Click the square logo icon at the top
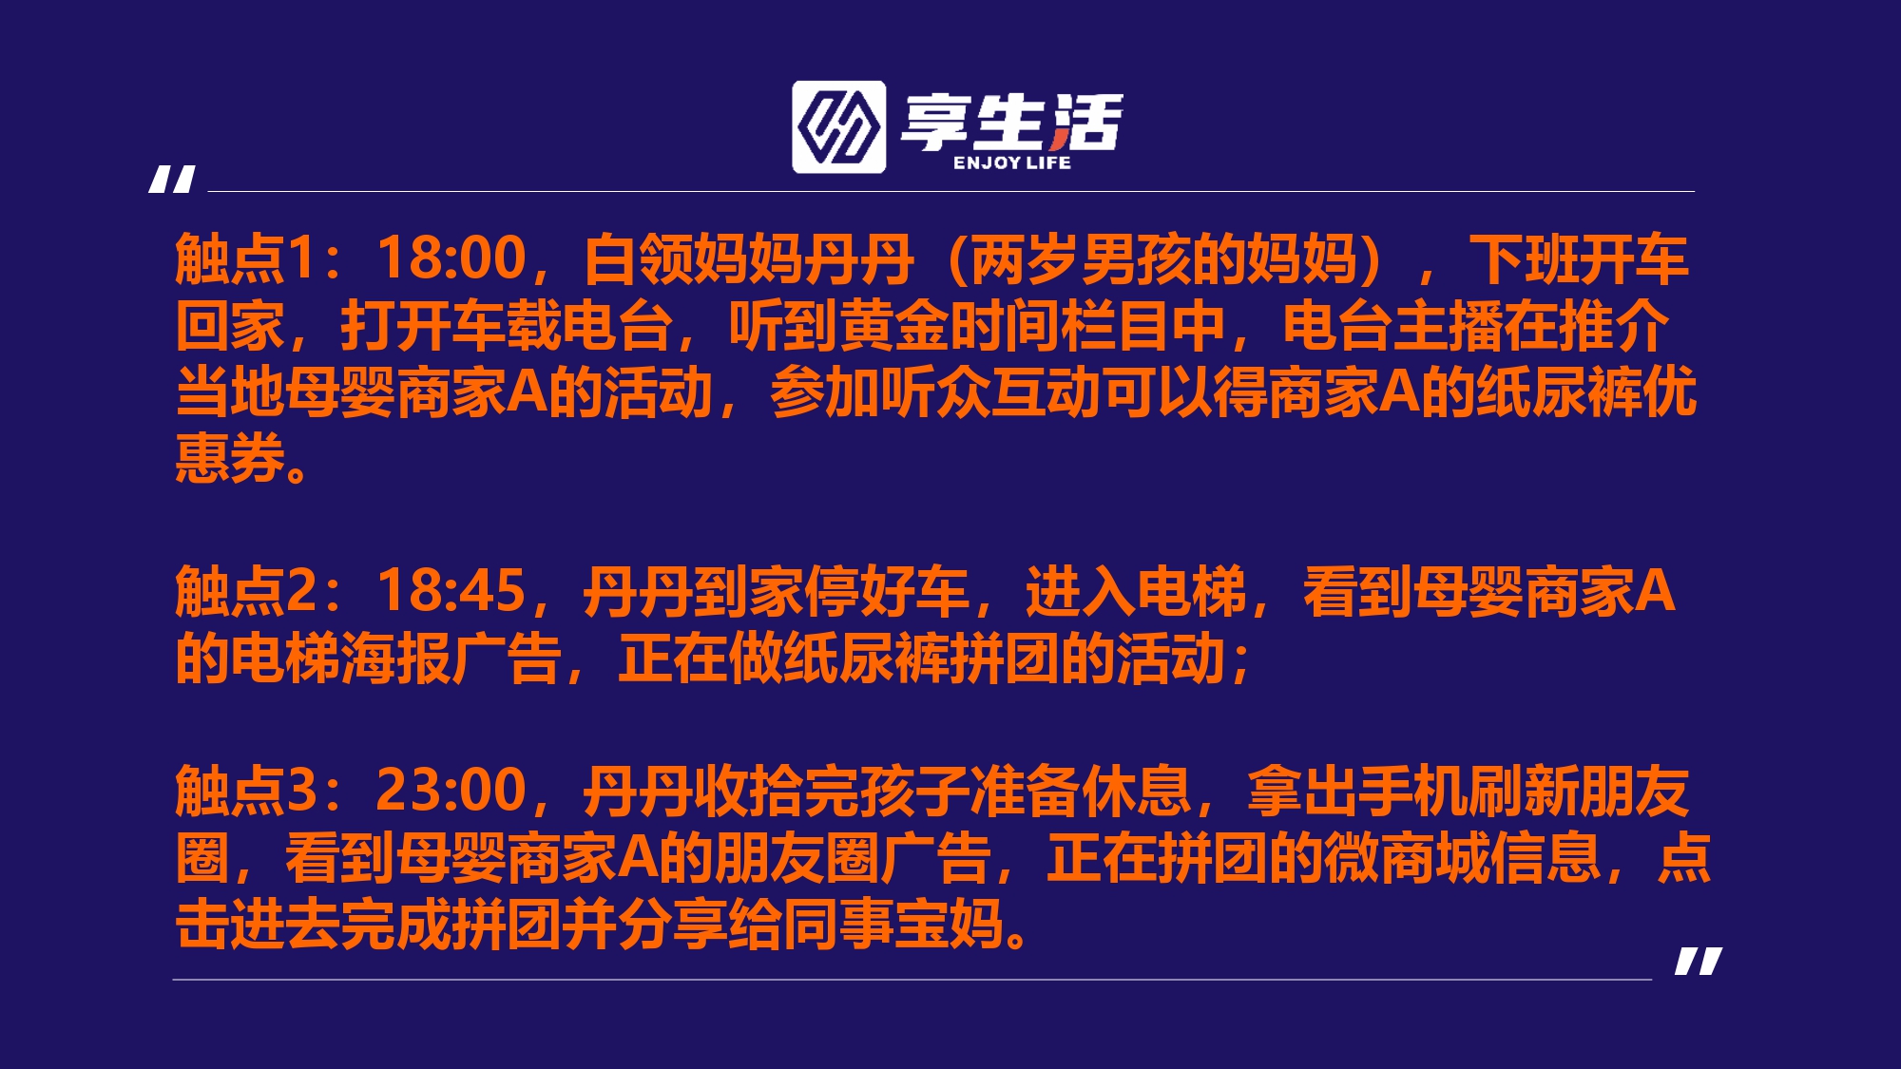tap(839, 127)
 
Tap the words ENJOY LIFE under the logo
tap(1012, 163)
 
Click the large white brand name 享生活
tap(1011, 122)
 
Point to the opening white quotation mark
tap(172, 179)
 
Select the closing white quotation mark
tap(1699, 961)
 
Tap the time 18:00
tap(451, 258)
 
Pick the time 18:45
tap(451, 591)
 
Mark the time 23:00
tap(451, 791)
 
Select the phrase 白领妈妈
tap(694, 258)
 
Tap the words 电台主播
tap(1393, 325)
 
